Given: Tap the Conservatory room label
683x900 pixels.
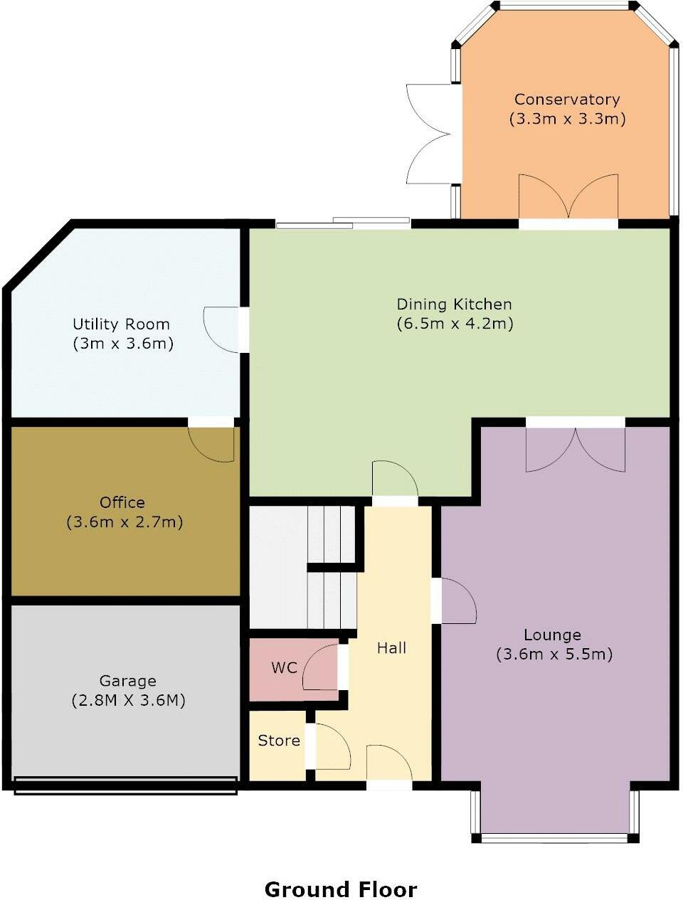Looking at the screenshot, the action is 567,99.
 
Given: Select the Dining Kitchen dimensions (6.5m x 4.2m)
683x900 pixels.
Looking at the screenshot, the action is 455,324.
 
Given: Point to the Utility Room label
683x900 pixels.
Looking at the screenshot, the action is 122,324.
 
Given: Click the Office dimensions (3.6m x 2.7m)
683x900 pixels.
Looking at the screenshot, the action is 125,522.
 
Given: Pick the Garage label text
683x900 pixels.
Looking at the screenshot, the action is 128,681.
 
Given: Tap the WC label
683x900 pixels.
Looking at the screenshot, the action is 284,667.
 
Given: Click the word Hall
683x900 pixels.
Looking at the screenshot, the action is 391,648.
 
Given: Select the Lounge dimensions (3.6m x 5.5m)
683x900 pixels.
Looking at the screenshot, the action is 554,654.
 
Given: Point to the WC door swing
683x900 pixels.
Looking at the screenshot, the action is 320,667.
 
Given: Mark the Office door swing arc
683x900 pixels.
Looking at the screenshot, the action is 211,444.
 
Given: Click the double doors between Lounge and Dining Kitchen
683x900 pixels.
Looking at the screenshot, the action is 576,450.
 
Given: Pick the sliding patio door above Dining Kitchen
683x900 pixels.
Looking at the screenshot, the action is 343,223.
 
